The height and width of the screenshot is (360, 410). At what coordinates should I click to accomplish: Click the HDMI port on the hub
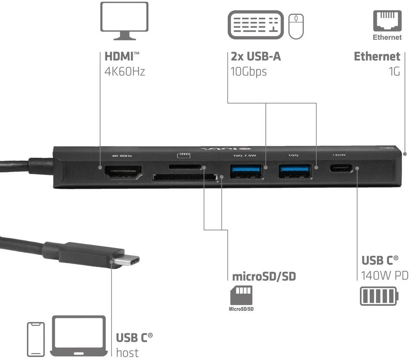(x=123, y=172)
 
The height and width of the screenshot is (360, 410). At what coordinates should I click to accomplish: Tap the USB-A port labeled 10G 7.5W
(x=246, y=171)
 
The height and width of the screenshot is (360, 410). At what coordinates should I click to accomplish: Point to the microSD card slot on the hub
(x=185, y=167)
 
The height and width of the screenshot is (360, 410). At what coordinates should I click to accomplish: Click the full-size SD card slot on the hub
(x=185, y=177)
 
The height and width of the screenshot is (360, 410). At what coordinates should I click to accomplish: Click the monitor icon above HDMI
(x=124, y=21)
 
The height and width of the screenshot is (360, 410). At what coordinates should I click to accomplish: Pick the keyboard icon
(x=256, y=25)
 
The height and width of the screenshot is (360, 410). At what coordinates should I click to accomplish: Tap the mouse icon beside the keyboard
(x=296, y=26)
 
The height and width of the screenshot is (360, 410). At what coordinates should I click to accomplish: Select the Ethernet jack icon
(x=387, y=21)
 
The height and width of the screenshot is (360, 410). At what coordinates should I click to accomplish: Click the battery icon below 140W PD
(x=379, y=296)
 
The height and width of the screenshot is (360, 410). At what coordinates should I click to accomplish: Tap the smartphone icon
(x=36, y=339)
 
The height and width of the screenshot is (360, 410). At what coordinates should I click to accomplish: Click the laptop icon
(x=79, y=336)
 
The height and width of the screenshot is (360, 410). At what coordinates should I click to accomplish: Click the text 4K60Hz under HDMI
(x=125, y=71)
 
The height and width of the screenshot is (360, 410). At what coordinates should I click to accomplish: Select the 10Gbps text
(x=248, y=72)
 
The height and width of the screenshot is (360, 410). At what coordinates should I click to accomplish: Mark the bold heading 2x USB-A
(x=256, y=56)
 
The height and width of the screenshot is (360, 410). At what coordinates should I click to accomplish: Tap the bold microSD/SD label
(x=264, y=277)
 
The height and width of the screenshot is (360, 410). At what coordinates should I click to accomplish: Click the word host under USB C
(x=127, y=353)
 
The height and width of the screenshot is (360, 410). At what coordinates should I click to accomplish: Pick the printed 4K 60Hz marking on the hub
(x=122, y=156)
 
